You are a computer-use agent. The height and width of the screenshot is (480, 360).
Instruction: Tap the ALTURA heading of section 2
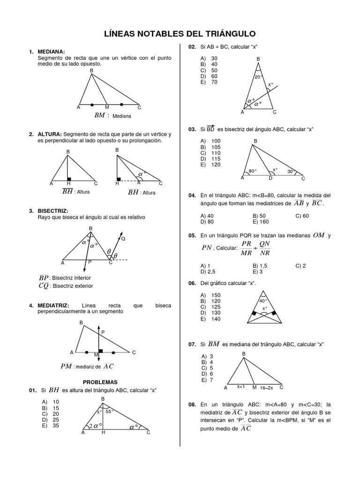pos(49,135)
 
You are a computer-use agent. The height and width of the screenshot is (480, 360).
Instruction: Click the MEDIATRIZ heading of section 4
pos(53,305)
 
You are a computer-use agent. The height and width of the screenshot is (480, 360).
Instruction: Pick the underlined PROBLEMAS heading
pos(100,382)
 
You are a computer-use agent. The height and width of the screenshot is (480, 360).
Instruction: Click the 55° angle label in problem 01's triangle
pos(110,412)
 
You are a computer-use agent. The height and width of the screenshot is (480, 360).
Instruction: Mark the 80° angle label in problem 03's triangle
pos(253,171)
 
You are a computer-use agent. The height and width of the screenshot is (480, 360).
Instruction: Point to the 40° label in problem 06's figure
pos(263,300)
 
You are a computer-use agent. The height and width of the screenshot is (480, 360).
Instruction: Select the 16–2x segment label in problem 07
pos(267,387)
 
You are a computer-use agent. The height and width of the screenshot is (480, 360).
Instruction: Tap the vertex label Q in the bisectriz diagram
pos(123,239)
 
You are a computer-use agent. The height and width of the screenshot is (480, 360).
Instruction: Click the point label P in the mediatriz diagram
pos(103,332)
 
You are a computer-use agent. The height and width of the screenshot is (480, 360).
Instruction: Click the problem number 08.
pos(192,404)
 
